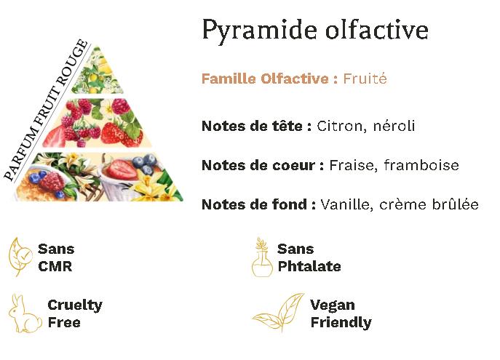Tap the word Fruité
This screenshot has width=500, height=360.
coord(365,79)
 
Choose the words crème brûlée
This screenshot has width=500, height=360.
coord(429,204)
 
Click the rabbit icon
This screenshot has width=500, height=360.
coord(24,314)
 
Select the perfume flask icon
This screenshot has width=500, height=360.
coord(262,257)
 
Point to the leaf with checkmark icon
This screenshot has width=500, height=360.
coord(20,257)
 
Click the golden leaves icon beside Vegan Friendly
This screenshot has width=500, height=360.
coord(278,312)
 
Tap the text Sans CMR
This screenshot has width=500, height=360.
coord(56,257)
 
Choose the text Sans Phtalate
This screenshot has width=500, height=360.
coord(309,257)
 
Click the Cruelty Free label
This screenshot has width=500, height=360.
coord(75,313)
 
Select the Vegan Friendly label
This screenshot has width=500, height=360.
coord(341,314)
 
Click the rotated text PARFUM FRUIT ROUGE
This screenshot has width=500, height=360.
coord(46,110)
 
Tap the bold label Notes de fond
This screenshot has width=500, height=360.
coord(259,204)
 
